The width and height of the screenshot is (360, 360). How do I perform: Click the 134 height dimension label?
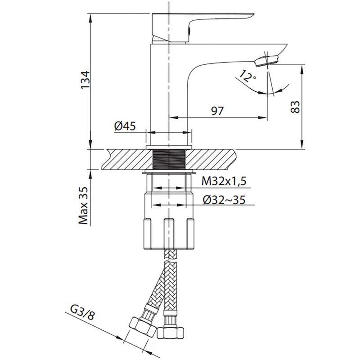coord(85,80)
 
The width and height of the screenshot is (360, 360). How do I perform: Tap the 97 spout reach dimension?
coord(217,111)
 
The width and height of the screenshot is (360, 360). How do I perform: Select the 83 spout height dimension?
coord(295,107)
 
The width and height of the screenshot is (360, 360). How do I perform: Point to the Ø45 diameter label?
coord(125,126)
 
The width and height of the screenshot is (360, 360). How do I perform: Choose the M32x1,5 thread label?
coord(224,181)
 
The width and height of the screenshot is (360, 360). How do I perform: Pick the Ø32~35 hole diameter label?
coord(224,200)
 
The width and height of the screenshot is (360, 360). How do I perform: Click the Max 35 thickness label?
coord(83,205)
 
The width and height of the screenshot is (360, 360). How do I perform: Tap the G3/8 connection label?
coord(82,313)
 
